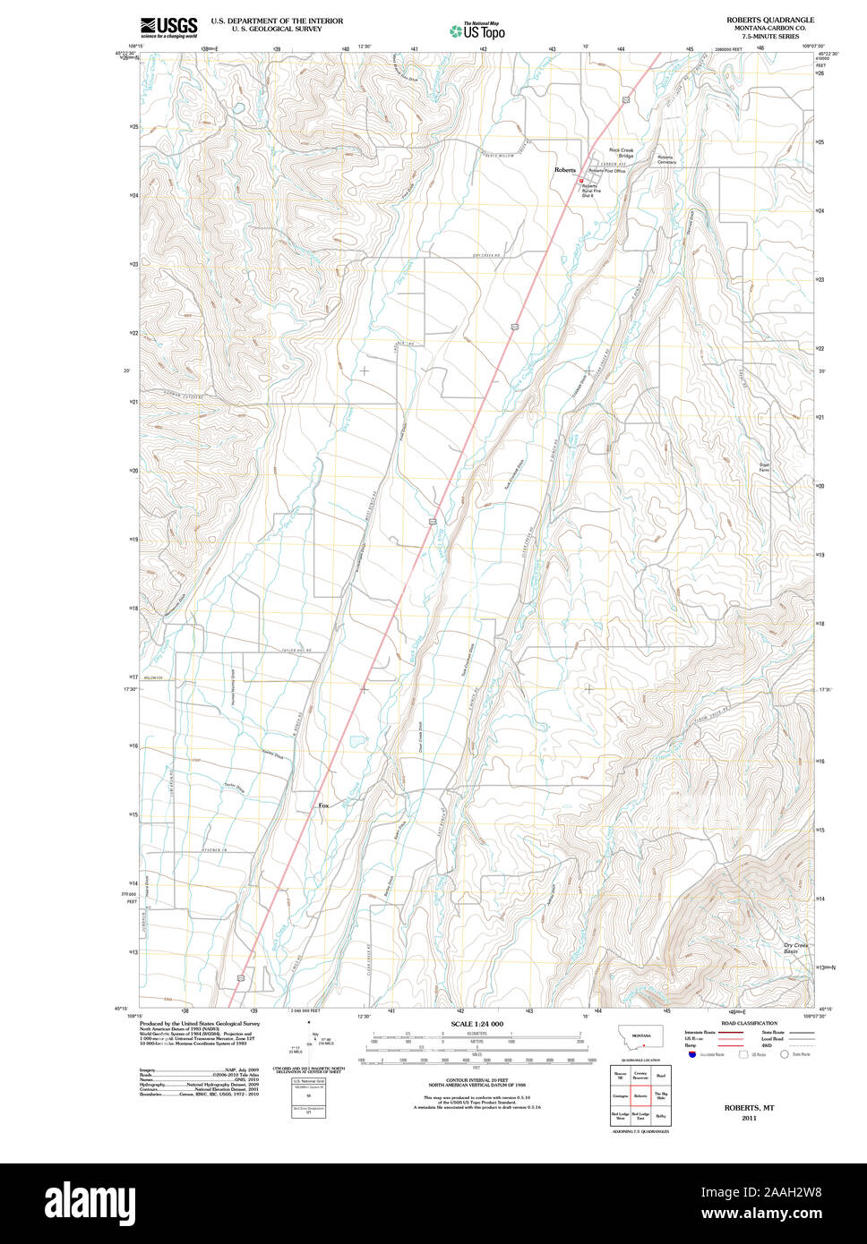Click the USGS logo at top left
[x=168, y=27]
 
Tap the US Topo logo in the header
[x=476, y=31]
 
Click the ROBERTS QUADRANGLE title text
[x=770, y=19]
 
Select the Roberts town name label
[x=564, y=169]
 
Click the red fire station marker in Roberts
[x=580, y=180]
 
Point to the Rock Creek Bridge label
[x=621, y=152]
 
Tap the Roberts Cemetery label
[x=666, y=159]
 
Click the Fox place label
[x=323, y=805]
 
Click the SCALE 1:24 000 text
[x=476, y=1024]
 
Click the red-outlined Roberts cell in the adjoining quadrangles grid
[x=640, y=1095]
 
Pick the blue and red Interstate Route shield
[x=692, y=1054]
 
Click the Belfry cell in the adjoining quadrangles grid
[x=661, y=1116]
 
